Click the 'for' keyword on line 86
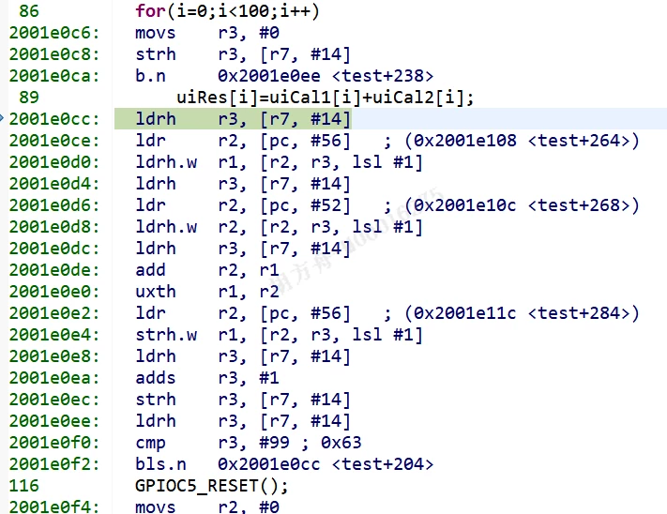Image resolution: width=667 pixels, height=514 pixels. (150, 11)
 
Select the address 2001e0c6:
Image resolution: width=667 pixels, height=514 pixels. (54, 33)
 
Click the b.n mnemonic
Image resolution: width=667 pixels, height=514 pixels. (150, 76)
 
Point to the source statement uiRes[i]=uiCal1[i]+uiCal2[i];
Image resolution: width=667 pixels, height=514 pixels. (325, 98)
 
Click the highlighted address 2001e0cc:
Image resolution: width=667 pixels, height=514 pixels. (54, 119)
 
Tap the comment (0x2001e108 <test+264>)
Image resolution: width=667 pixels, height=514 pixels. (522, 141)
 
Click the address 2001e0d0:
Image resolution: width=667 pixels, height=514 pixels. (54, 162)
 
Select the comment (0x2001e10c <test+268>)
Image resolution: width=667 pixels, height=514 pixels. (522, 205)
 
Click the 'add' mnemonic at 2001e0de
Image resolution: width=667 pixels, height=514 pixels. (150, 270)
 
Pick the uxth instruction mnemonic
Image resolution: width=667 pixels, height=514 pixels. (156, 292)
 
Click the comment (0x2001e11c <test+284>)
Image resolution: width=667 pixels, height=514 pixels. (522, 313)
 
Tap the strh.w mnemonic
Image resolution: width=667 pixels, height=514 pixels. (166, 335)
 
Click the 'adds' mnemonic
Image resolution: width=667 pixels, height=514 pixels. (156, 378)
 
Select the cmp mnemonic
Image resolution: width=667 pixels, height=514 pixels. (150, 444)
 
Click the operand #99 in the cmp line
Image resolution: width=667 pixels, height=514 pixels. (275, 443)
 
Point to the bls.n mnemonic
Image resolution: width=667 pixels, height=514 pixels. (160, 464)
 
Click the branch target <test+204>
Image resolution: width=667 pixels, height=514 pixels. (383, 464)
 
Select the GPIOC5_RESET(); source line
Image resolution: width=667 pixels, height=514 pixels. (211, 486)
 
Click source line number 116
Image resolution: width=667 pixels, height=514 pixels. (23, 486)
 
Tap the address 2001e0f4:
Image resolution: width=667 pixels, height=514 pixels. (54, 506)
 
